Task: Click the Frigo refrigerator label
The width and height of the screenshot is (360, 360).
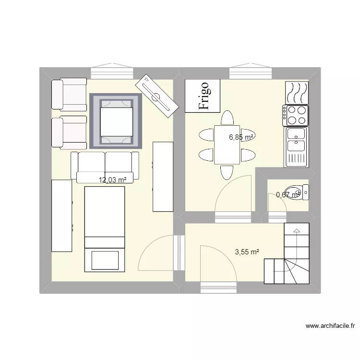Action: [x=203, y=96]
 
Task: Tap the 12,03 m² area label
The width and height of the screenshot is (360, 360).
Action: [x=113, y=180]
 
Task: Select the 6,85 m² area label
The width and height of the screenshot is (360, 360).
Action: [x=241, y=137]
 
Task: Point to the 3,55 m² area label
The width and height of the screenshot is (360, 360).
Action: [x=247, y=251]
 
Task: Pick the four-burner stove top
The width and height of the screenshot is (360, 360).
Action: [x=296, y=115]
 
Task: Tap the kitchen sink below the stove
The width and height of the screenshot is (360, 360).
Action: [x=296, y=146]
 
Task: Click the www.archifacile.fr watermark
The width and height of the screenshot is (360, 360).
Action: [x=330, y=326]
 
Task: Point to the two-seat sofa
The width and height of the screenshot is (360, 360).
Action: [x=105, y=166]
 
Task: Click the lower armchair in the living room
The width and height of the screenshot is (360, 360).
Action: [x=70, y=132]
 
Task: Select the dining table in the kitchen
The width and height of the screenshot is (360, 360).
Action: [x=227, y=144]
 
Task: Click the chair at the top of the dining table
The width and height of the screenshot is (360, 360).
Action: [x=227, y=118]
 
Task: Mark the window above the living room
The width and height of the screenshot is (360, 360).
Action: [x=112, y=72]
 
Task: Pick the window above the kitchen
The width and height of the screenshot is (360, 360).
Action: [x=250, y=72]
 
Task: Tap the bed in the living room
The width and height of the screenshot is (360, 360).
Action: [x=105, y=228]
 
